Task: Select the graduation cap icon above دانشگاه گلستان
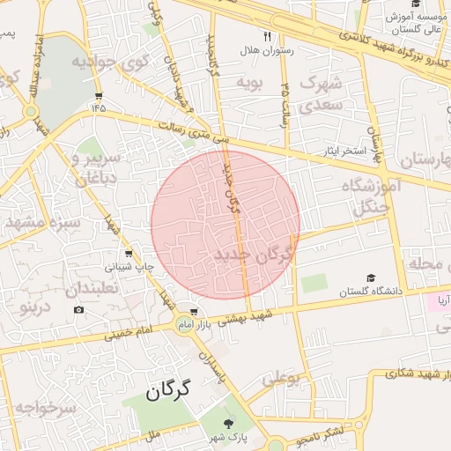pyautogui.click(x=370, y=277)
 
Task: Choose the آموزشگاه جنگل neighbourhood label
pyautogui.click(x=376, y=197)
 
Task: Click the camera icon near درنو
pyautogui.click(x=79, y=310)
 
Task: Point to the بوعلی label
pyautogui.click(x=282, y=379)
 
